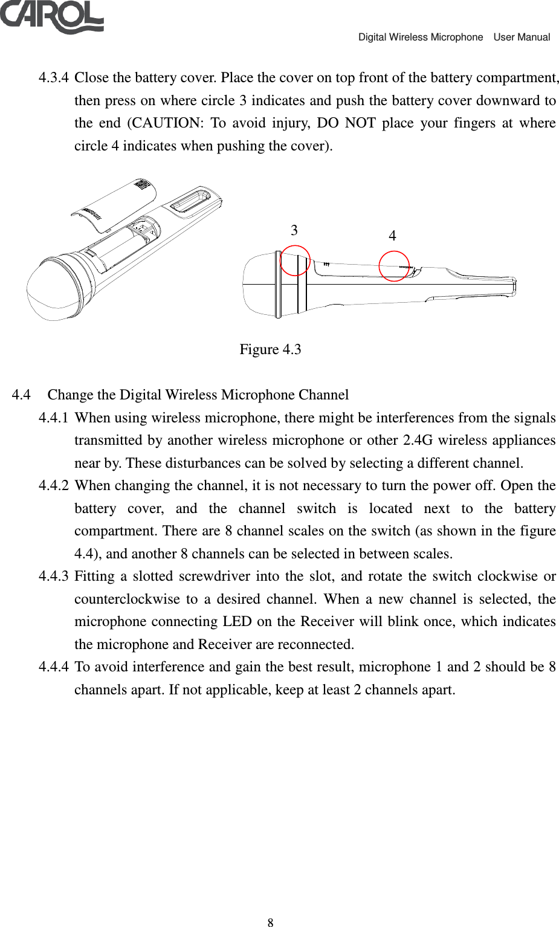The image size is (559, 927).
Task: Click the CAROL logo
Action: pyautogui.click(x=52, y=16)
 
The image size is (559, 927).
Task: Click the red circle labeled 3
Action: pyautogui.click(x=295, y=260)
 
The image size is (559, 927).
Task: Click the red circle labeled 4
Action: pyautogui.click(x=394, y=266)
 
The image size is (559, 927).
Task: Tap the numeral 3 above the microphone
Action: pyautogui.click(x=294, y=230)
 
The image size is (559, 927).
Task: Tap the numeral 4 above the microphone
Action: pyautogui.click(x=392, y=236)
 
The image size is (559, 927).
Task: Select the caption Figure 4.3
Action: pyautogui.click(x=270, y=349)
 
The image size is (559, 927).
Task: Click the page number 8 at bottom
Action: pyautogui.click(x=270, y=922)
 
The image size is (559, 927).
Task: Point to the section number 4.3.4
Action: pyautogui.click(x=53, y=78)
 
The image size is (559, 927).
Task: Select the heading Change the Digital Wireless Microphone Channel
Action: pyautogui.click(x=198, y=395)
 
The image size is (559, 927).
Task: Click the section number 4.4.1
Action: pyautogui.click(x=53, y=418)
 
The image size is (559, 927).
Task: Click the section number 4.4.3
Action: pyautogui.click(x=53, y=577)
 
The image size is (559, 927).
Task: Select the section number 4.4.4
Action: pyautogui.click(x=53, y=667)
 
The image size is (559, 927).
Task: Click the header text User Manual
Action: pyautogui.click(x=522, y=37)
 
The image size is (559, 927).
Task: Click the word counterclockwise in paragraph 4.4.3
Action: pyautogui.click(x=127, y=599)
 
